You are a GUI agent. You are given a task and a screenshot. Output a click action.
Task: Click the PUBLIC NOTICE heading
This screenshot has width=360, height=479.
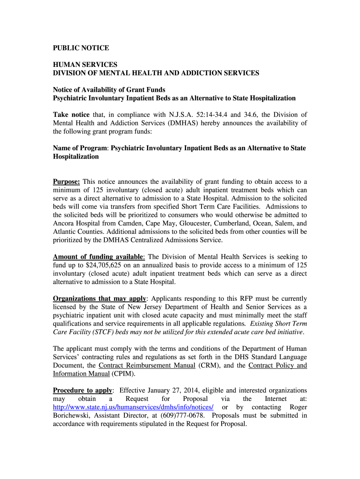pyautogui.click(x=81, y=48)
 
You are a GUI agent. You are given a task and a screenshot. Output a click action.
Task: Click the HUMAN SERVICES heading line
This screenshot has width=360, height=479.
pyautogui.click(x=85, y=65)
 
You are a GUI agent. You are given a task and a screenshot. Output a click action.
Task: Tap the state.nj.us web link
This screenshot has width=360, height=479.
pyautogui.click(x=133, y=407)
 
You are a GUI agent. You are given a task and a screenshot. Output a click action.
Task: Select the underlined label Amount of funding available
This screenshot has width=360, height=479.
pyautogui.click(x=98, y=257)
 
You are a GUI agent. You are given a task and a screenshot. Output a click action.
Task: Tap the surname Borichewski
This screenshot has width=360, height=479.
pyautogui.click(x=74, y=416)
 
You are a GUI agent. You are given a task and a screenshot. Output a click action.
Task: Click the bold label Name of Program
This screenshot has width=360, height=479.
pyautogui.click(x=80, y=148)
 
